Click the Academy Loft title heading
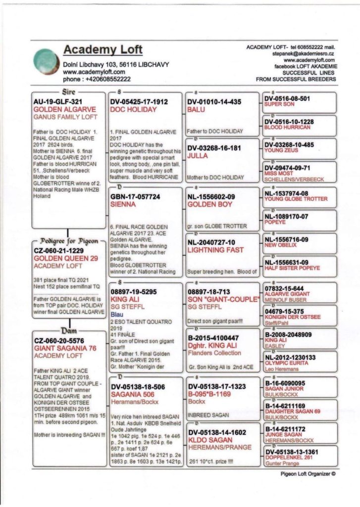pos(103,50)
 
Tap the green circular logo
pos(46,63)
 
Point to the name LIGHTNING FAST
pos(215,250)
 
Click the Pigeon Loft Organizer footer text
pos(308,473)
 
